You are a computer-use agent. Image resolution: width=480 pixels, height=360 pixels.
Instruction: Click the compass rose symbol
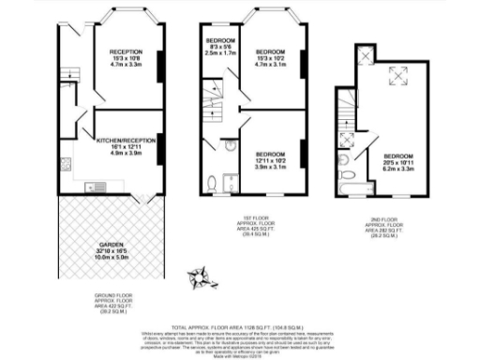click(x=200, y=275)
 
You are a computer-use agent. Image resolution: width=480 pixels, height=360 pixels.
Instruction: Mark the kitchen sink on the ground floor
click(x=70, y=179)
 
